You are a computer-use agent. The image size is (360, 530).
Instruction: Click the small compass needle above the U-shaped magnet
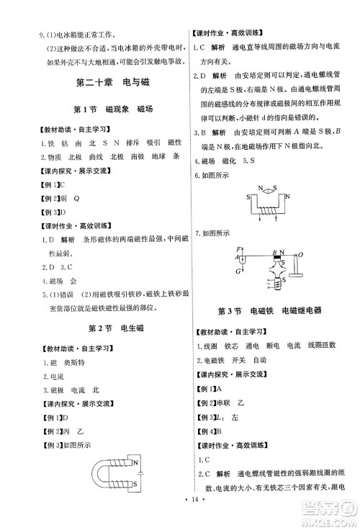260,191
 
